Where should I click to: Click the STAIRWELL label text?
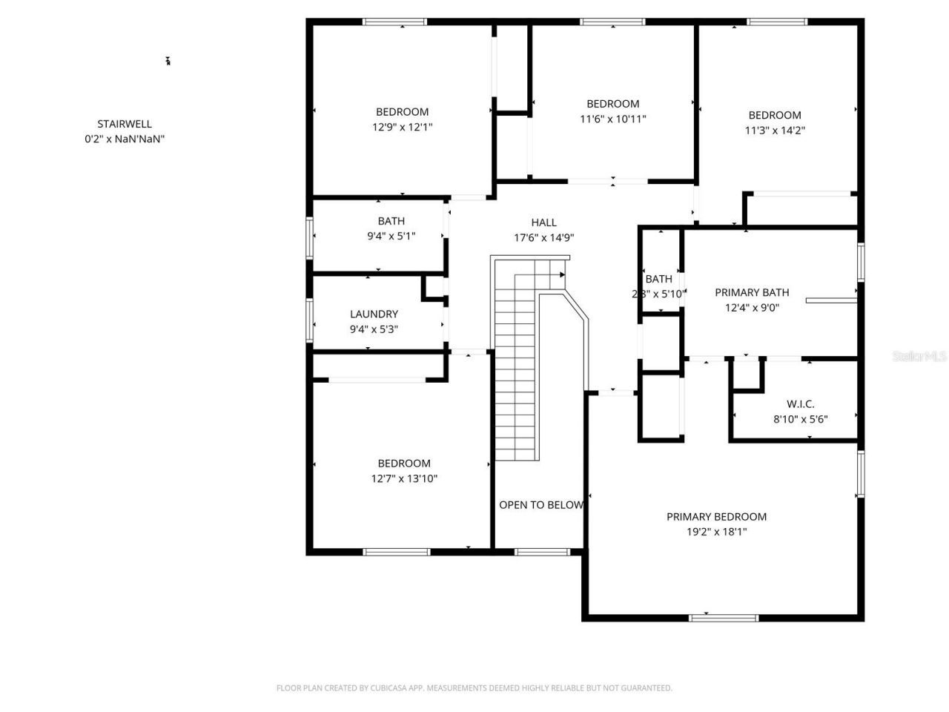point(125,124)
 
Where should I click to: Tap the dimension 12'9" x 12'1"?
point(402,127)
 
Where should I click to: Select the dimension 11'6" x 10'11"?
point(612,119)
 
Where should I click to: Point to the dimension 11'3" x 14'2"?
point(775,130)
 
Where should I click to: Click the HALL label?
point(543,222)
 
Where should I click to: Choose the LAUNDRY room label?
point(374,314)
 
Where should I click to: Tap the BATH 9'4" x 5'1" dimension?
point(391,236)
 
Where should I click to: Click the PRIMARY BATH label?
point(751,292)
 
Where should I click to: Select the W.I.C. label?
point(800,404)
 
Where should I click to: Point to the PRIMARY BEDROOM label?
point(716,516)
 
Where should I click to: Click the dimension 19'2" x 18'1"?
point(716,532)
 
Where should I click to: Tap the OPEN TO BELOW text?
point(540,505)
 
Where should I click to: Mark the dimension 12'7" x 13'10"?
point(404,478)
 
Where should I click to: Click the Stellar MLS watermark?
point(919,357)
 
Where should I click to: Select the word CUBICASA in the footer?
point(390,688)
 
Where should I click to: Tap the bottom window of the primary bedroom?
point(723,617)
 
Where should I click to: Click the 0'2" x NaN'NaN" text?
point(125,139)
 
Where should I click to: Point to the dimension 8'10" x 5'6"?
point(800,419)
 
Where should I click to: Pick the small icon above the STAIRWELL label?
point(168,61)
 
